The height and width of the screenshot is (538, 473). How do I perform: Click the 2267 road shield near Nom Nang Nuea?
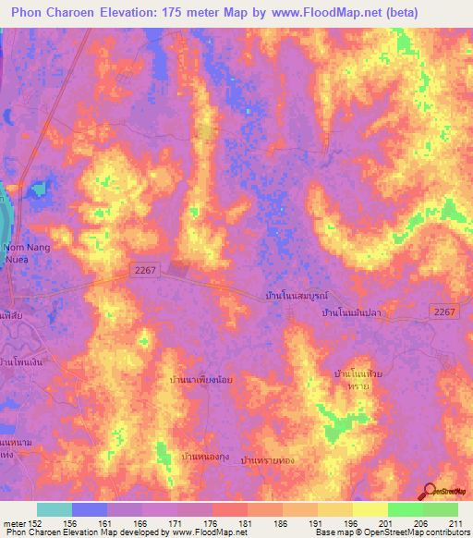coord(144,268)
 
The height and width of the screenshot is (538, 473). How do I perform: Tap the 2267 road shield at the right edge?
coord(445,313)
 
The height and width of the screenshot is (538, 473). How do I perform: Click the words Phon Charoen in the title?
coord(55,13)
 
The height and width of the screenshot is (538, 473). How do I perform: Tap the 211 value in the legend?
coord(453,523)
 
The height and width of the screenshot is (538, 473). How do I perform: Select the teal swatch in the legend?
coord(54,509)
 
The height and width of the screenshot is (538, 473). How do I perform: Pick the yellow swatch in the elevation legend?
coord(370,509)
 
